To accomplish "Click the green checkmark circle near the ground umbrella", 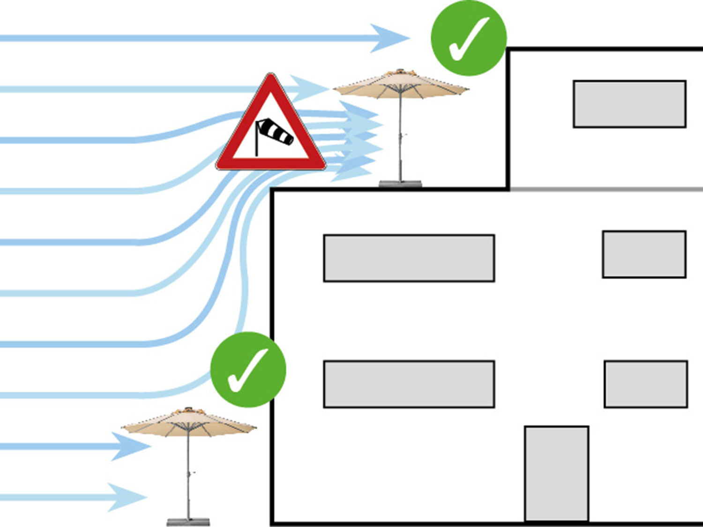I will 248,370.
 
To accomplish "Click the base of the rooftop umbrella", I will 400,184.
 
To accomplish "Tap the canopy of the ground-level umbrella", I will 189,422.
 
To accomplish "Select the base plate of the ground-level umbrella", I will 188,522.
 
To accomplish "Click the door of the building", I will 556,473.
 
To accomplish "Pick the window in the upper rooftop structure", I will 629,104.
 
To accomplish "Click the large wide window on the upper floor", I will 409,258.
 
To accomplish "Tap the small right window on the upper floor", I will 644,254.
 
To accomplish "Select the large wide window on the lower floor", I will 409,384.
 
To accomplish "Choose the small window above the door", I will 645,384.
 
